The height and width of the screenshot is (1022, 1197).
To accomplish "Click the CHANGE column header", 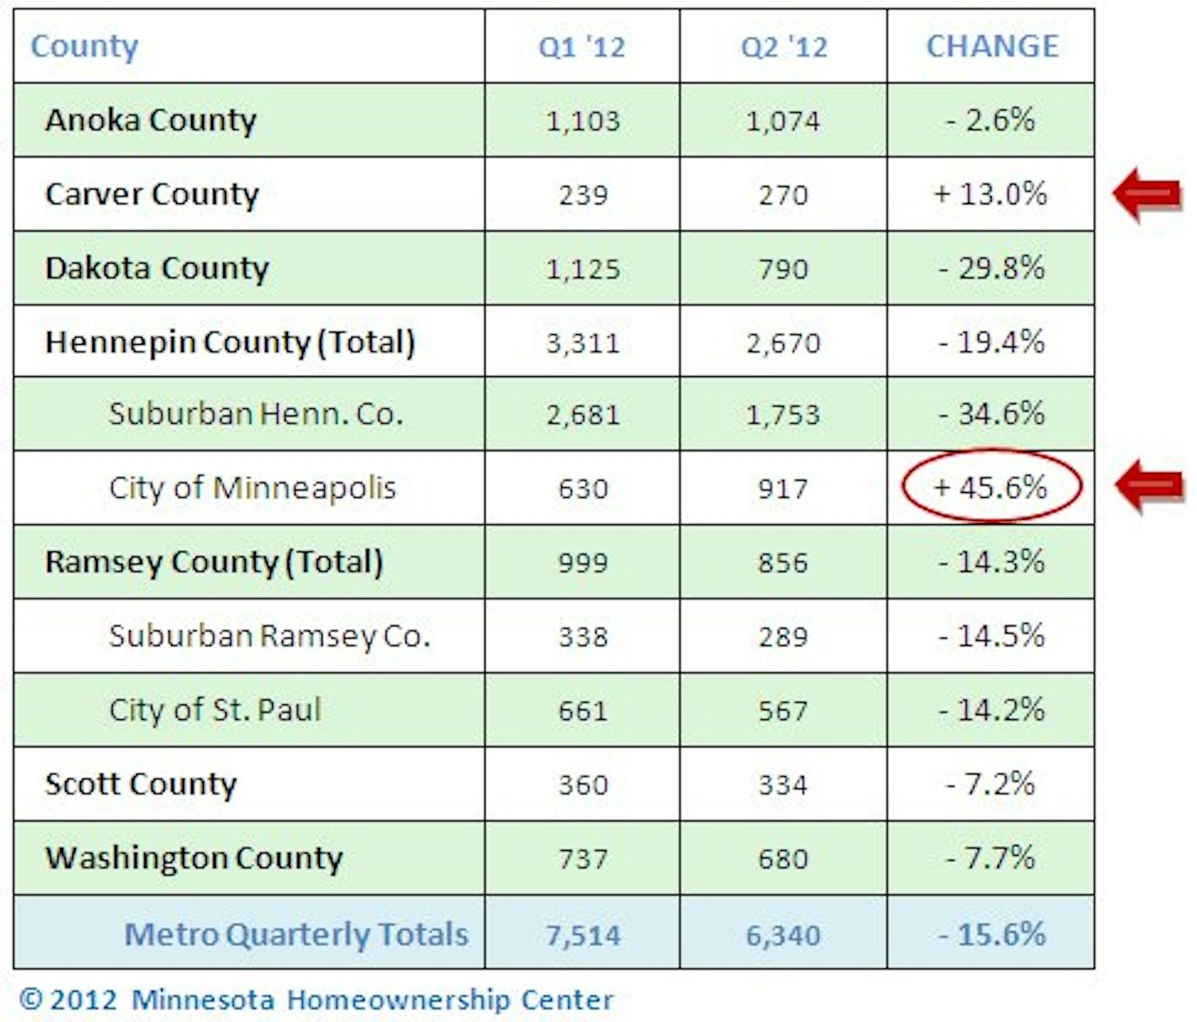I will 992,46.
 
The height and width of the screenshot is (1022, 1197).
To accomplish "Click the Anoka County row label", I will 151,120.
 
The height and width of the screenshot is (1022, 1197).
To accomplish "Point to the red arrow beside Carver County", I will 1147,194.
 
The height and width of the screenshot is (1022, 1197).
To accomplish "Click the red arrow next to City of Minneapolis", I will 1150,487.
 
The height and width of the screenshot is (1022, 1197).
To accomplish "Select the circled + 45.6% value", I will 991,488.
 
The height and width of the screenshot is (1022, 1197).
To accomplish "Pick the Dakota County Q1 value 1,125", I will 583,269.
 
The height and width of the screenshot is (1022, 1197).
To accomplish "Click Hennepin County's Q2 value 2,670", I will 783,343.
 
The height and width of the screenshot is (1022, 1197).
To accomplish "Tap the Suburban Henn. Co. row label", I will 256,414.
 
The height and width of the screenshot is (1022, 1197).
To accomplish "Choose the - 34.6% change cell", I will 991,414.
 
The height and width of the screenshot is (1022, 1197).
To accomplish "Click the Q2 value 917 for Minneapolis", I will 783,489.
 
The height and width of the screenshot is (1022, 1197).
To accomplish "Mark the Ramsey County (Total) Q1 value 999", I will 583,563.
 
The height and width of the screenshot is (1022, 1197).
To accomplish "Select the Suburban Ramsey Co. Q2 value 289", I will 783,637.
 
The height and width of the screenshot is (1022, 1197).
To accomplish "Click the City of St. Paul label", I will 215,710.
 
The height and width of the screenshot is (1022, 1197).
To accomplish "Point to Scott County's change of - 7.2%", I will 991,784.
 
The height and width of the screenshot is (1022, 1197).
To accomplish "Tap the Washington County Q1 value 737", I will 583,859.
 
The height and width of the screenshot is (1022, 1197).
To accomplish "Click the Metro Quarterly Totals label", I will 296,934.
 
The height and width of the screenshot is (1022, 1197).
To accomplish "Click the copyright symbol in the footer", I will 31,998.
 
